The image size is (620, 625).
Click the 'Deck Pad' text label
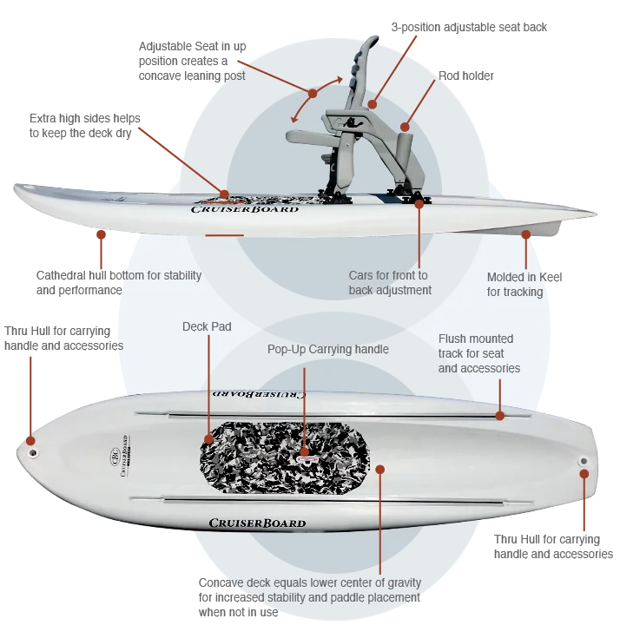[207, 327]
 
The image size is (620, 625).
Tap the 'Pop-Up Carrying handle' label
[327, 350]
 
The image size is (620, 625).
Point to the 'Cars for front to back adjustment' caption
[390, 283]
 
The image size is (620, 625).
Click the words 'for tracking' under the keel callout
[515, 292]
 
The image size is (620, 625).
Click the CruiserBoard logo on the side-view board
[244, 208]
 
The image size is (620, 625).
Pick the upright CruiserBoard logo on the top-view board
[257, 523]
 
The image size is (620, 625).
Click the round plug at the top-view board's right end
[583, 460]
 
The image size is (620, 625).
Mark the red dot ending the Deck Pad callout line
[208, 438]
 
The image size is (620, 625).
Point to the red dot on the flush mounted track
[500, 417]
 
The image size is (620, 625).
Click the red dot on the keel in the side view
[525, 234]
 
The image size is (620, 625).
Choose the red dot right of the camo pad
[379, 468]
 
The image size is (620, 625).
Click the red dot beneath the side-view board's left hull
[102, 234]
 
